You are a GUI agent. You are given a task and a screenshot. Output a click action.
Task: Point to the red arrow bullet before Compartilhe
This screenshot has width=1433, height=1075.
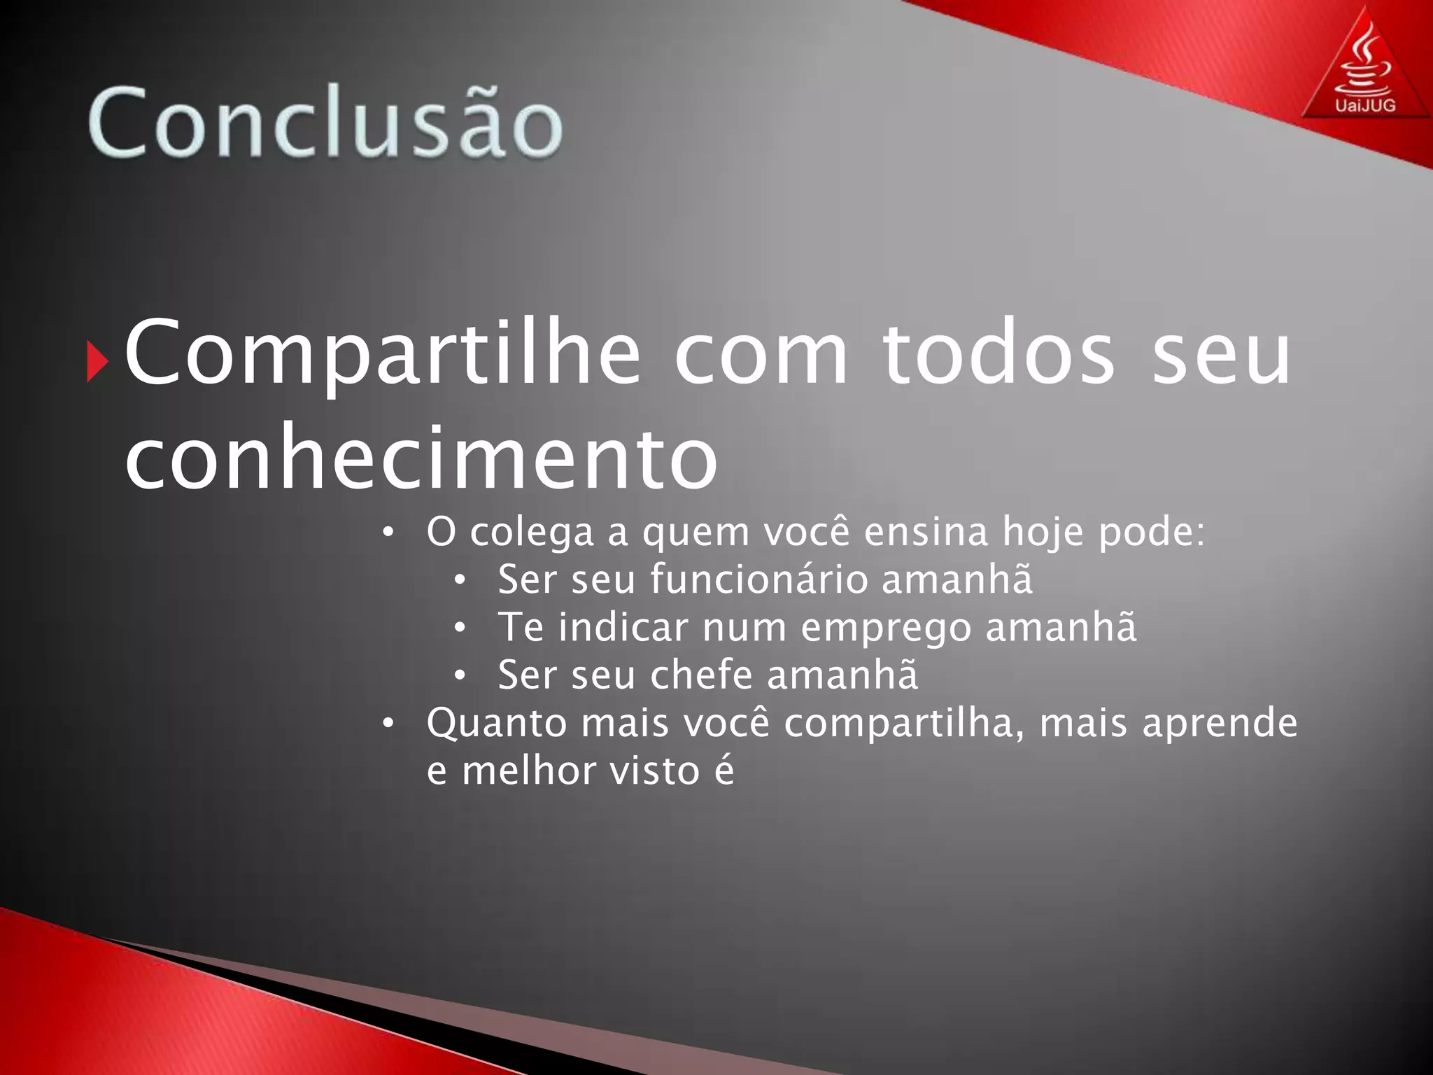(97, 362)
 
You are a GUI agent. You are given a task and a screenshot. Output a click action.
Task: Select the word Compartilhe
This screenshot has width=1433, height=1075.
(382, 353)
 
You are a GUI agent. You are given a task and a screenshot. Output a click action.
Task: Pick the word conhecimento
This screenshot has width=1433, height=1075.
(421, 458)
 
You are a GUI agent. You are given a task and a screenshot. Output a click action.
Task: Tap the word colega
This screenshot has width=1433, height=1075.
(532, 533)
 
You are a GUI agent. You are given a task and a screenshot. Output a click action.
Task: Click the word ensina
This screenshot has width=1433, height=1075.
(926, 531)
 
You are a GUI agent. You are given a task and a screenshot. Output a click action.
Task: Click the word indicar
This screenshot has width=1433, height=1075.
(623, 626)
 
